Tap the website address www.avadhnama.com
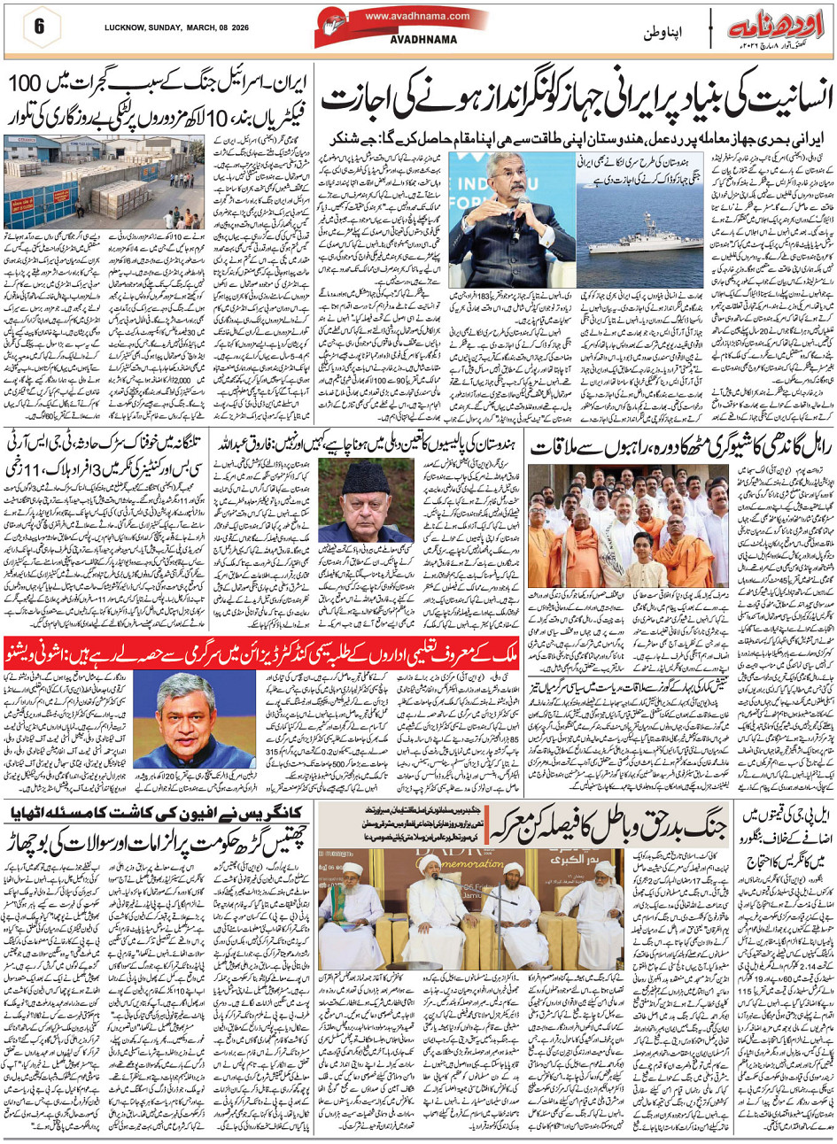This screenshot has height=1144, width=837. [x=407, y=15]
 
